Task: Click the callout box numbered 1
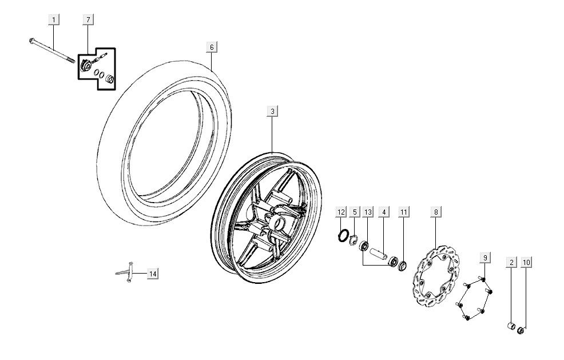(54, 20)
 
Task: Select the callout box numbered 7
(88, 20)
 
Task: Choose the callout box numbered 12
(341, 212)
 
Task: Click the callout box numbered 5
(355, 212)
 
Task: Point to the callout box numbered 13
(368, 212)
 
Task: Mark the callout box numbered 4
(384, 212)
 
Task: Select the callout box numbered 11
(404, 212)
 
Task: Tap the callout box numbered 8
(436, 212)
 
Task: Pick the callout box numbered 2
(512, 262)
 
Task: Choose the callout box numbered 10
(527, 262)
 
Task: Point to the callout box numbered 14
(152, 274)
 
